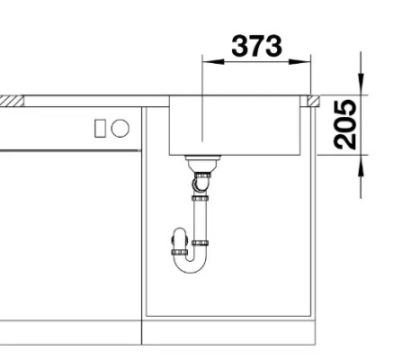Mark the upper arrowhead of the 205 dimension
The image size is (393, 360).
(362, 87)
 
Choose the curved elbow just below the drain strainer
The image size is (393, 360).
(200, 184)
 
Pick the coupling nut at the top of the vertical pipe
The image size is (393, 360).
(200, 199)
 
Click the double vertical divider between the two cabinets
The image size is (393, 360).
(142, 225)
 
